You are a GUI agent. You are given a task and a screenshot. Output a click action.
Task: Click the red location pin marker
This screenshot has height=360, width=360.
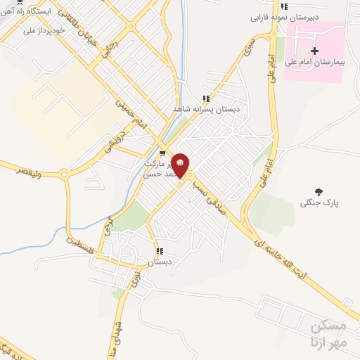181,165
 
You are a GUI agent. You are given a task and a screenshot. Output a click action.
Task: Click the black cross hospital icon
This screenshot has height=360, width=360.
314,51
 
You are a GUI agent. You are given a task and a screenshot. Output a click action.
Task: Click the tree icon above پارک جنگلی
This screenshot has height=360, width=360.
319,191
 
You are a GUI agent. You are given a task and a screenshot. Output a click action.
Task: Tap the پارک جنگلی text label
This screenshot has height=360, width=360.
320,203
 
